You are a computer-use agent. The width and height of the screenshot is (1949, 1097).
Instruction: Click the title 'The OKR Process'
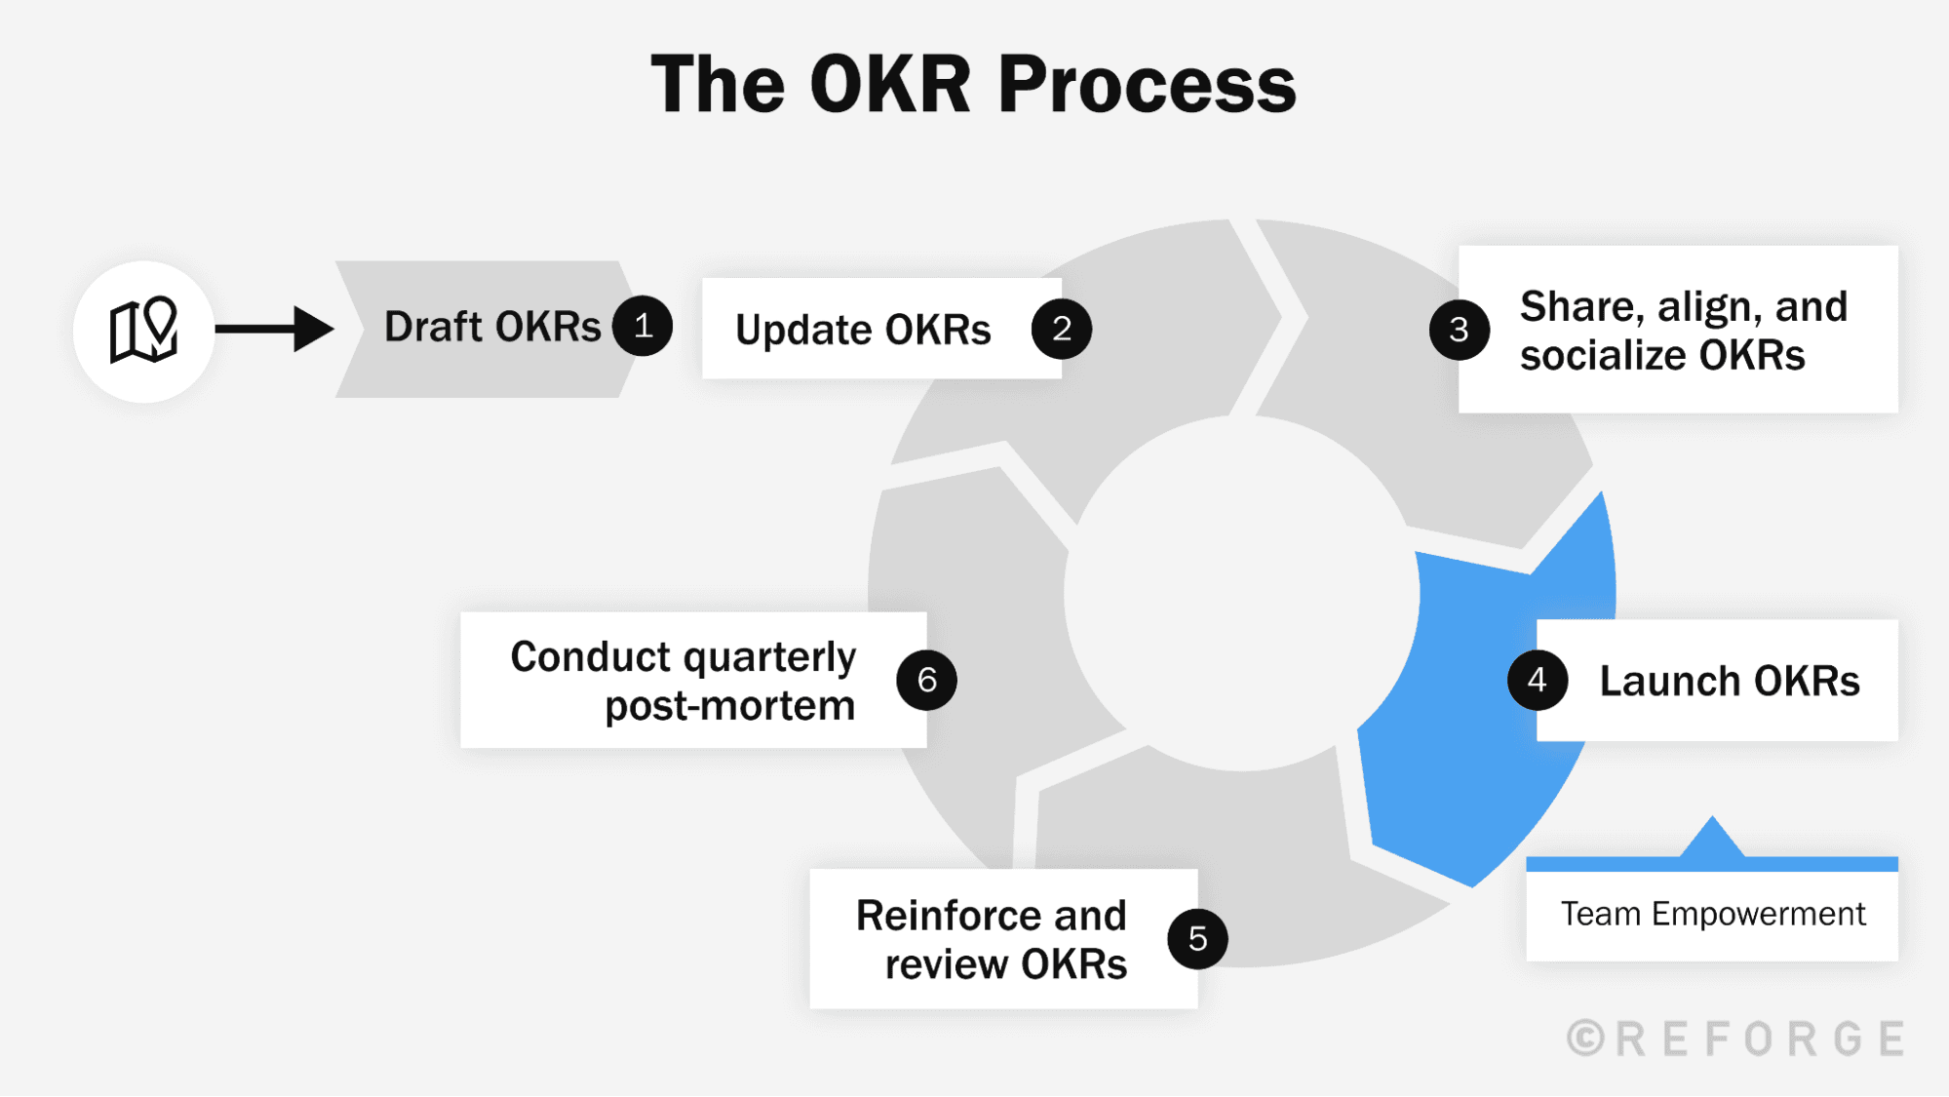click(973, 85)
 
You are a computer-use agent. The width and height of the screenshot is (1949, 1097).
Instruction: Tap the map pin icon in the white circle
click(143, 331)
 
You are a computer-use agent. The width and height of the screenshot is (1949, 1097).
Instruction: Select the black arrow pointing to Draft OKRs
click(275, 329)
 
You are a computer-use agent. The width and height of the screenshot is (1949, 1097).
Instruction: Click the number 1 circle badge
click(643, 326)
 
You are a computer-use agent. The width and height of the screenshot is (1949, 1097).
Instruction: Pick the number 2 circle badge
click(1062, 329)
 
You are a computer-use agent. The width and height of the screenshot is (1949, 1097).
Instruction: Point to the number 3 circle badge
click(1460, 330)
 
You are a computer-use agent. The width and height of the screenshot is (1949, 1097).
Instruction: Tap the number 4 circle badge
click(1538, 680)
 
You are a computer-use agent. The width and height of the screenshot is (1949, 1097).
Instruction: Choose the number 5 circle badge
click(1198, 938)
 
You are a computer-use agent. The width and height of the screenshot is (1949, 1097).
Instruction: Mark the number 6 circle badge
click(927, 680)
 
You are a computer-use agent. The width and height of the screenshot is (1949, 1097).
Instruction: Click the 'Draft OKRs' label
click(492, 327)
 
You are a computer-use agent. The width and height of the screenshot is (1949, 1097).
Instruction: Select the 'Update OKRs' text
click(863, 331)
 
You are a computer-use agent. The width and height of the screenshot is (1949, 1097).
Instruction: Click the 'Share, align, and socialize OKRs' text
click(1684, 331)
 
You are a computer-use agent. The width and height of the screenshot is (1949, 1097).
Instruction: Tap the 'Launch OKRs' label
click(1730, 681)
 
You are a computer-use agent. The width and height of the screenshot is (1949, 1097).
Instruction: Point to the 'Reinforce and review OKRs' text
click(992, 939)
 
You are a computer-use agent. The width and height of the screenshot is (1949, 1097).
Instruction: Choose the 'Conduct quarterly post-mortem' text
click(683, 681)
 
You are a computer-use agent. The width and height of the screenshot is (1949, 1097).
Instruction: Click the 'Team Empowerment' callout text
click(1713, 915)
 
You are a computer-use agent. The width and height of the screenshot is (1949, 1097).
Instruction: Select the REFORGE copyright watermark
click(1736, 1038)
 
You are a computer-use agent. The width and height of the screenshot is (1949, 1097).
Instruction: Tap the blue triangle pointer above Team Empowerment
click(1712, 839)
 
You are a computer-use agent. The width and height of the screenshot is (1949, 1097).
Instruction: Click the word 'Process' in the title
click(1148, 85)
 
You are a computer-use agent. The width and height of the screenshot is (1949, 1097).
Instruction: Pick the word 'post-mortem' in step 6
click(730, 706)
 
